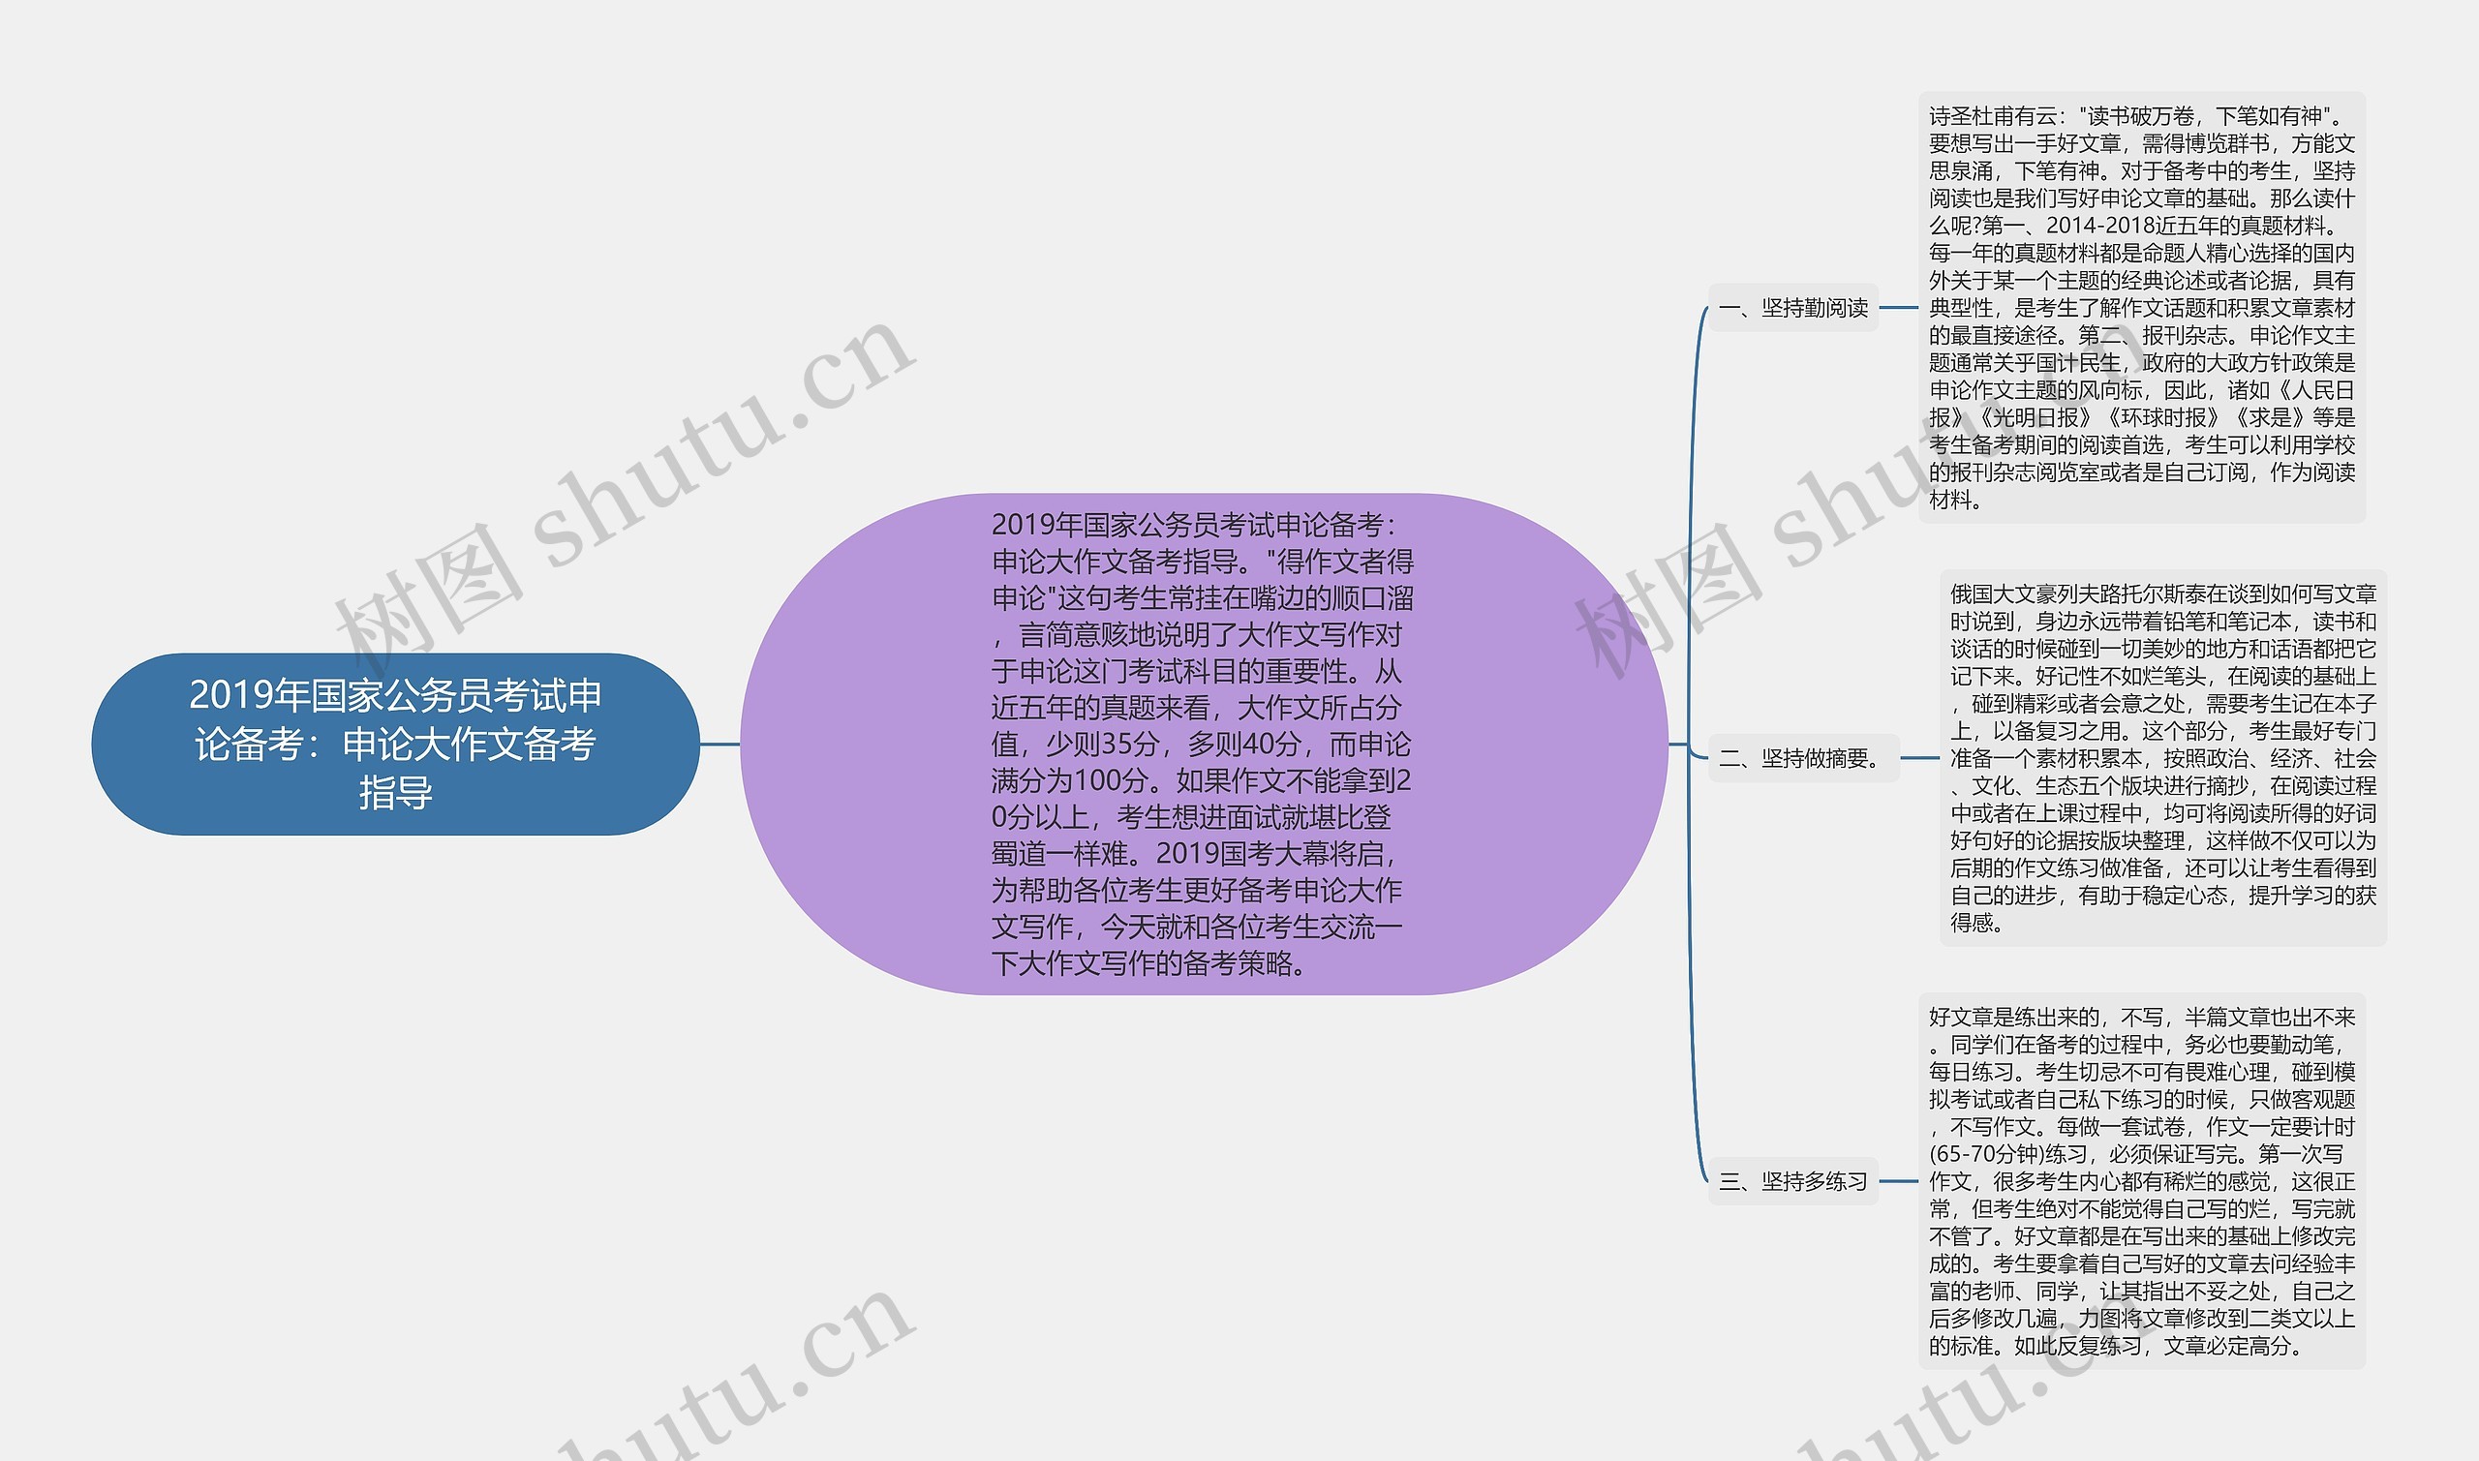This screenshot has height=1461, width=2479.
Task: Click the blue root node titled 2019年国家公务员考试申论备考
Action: (x=395, y=744)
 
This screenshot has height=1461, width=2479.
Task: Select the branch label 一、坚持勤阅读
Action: (x=1792, y=308)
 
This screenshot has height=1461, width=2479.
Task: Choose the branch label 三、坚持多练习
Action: (x=1792, y=1181)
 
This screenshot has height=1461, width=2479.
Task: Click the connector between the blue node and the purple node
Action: (x=719, y=745)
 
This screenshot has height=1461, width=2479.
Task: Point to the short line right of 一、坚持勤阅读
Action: (x=1898, y=308)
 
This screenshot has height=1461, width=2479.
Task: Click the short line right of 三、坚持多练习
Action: (x=1898, y=1181)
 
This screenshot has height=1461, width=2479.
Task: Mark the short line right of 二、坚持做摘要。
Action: (x=1920, y=758)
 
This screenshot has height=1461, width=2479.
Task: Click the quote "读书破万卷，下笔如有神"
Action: (x=2199, y=116)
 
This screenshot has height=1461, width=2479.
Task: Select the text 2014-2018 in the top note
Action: (x=2096, y=226)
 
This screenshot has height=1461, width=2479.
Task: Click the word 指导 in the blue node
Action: (x=395, y=793)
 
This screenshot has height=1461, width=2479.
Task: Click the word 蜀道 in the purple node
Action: (x=1018, y=854)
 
